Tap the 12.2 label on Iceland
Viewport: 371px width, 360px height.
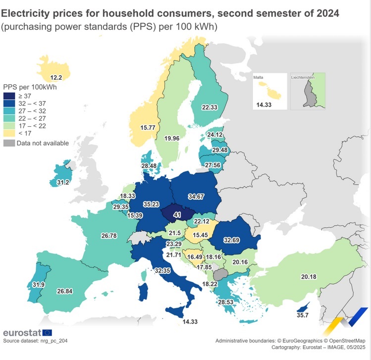56,77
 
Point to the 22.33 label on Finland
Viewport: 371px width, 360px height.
210,107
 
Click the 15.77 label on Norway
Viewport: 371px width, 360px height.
148,128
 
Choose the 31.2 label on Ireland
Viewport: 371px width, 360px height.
62,183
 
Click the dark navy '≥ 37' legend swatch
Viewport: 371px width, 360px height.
9,96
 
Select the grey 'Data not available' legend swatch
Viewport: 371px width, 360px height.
9,143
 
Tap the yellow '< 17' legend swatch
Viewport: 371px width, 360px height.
9,134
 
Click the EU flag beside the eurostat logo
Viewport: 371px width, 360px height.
47,333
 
